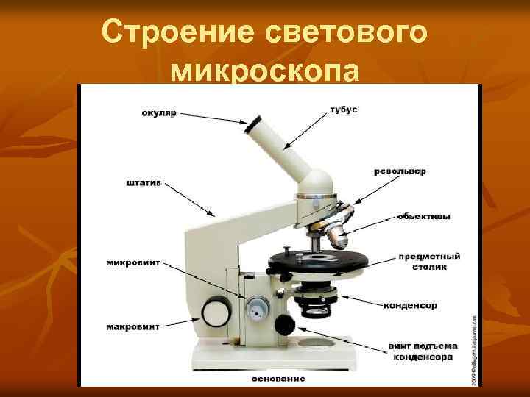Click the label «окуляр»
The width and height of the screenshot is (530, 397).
[x=159, y=113]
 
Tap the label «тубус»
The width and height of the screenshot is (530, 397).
[x=344, y=110]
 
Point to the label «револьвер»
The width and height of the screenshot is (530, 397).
[x=400, y=171]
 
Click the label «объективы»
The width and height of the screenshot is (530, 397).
[x=424, y=216]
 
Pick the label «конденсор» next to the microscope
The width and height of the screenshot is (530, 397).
[x=411, y=305]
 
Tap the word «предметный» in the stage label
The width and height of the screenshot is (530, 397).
[x=430, y=257]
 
